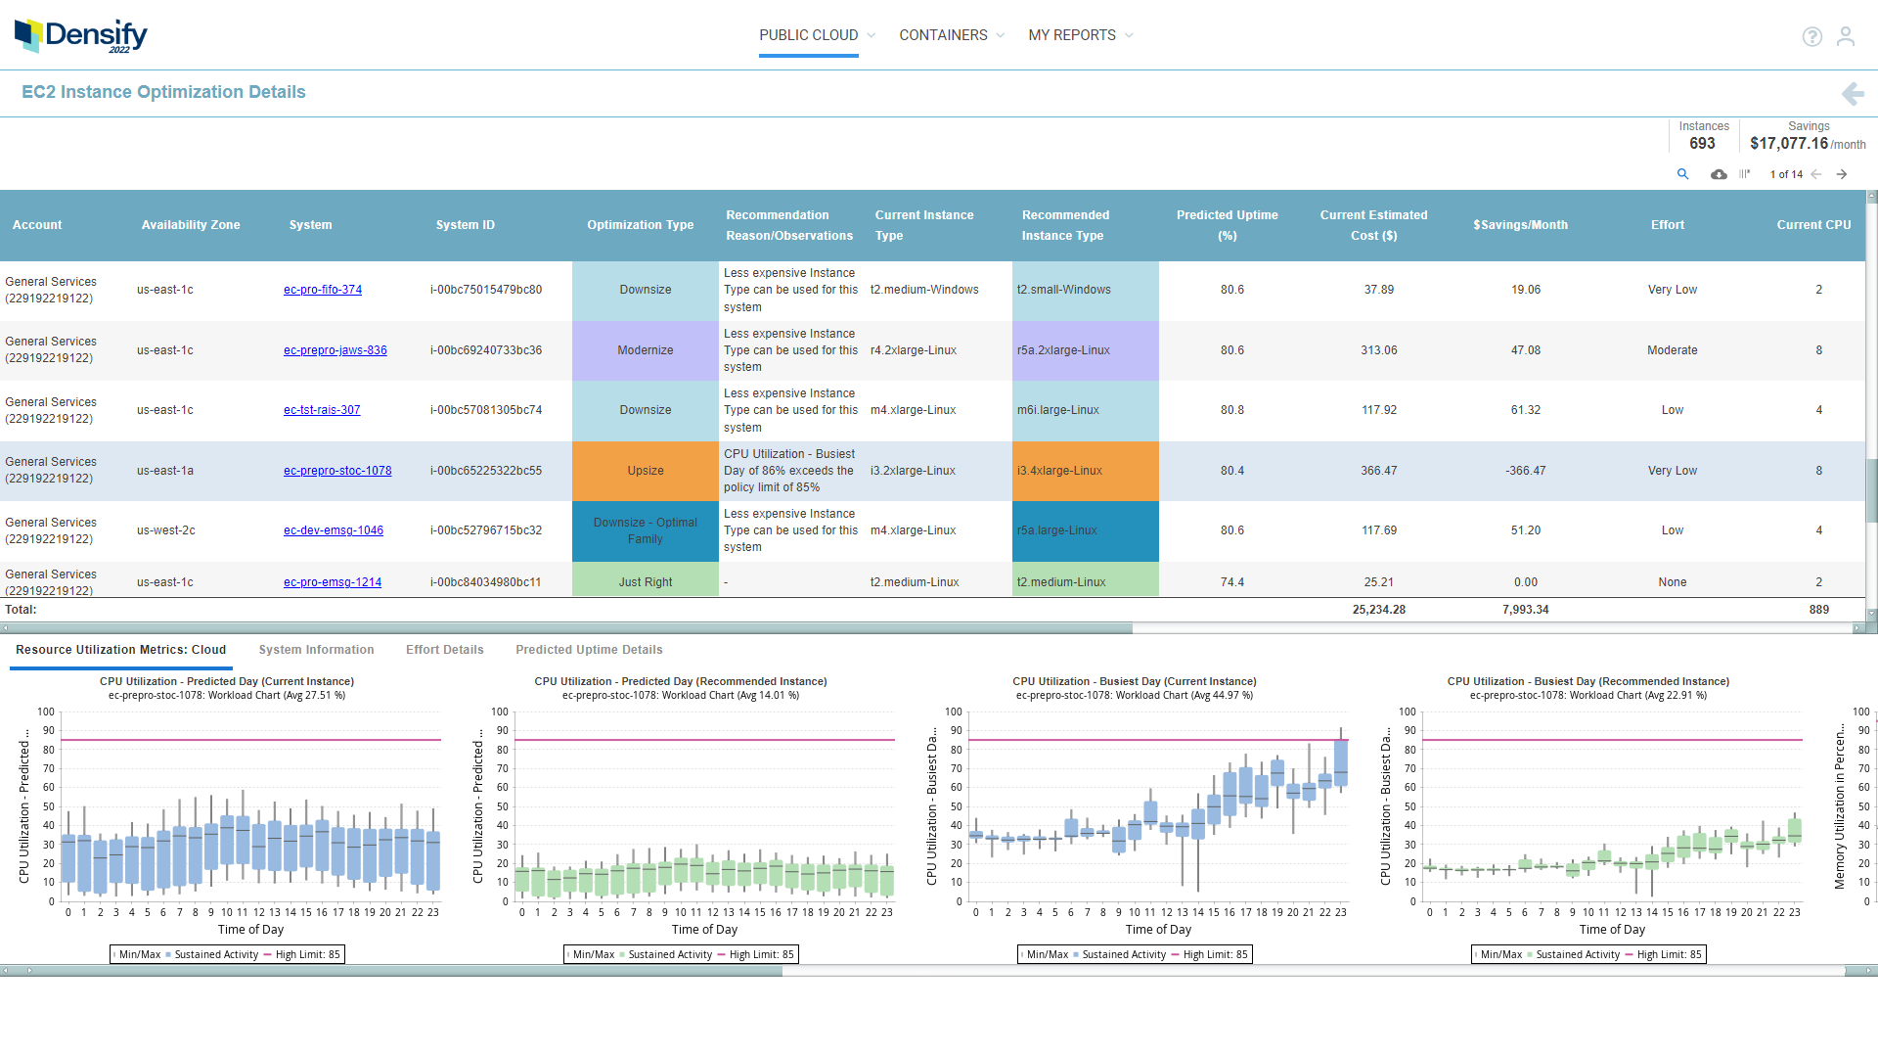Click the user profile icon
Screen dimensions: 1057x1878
coord(1845,36)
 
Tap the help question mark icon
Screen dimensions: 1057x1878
coord(1811,36)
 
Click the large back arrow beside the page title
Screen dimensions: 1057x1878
coord(1852,93)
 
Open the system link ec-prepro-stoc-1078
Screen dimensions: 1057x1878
coord(337,471)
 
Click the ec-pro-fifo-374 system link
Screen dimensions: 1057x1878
coord(323,290)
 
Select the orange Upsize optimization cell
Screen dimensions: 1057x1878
coord(645,471)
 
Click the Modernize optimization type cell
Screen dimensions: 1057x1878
coord(645,350)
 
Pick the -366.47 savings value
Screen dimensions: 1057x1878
coord(1525,471)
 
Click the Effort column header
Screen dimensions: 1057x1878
coord(1667,225)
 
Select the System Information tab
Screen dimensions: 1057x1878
coord(316,650)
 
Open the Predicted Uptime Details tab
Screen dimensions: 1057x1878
coord(589,650)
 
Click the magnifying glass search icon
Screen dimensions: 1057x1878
coord(1682,174)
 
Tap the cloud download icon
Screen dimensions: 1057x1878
coord(1718,174)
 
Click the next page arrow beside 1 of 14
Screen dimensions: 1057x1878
coord(1842,174)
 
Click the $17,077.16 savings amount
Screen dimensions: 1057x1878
coord(1788,144)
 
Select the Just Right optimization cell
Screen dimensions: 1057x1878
coord(645,582)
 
